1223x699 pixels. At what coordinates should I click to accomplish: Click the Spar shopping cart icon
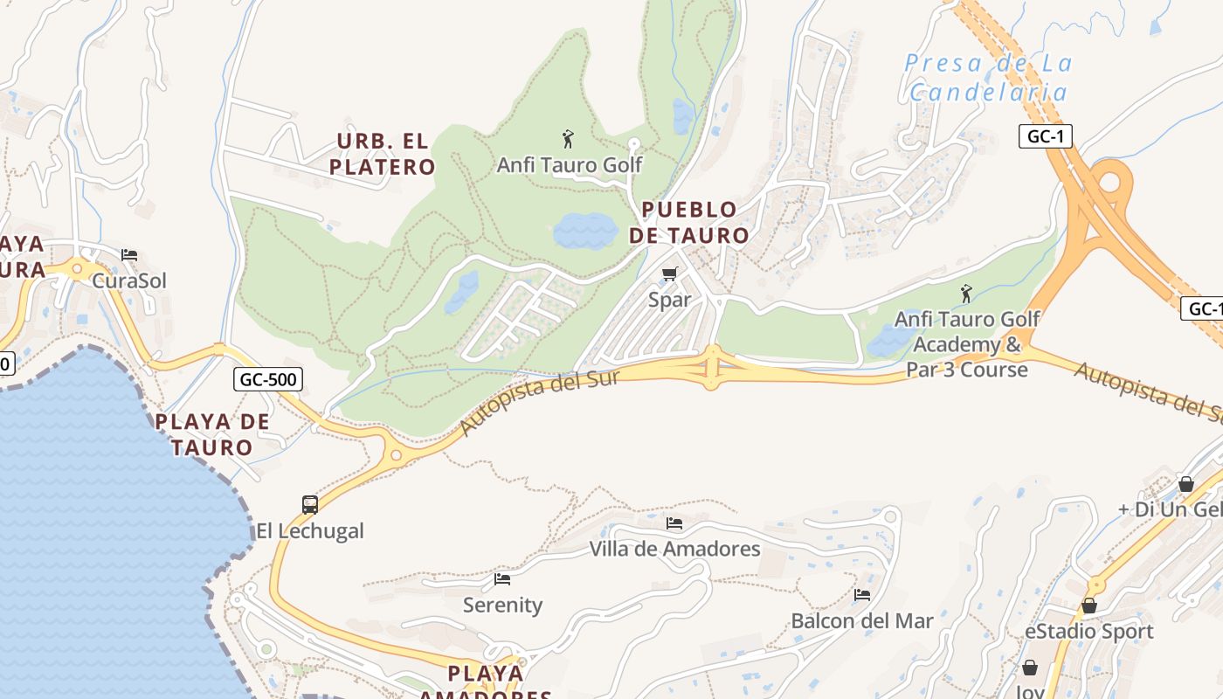(x=670, y=274)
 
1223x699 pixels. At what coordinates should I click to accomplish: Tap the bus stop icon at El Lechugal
(x=310, y=504)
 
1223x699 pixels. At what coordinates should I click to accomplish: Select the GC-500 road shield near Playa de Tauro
(x=268, y=379)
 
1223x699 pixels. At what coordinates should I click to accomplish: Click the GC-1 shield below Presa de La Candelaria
(x=1045, y=136)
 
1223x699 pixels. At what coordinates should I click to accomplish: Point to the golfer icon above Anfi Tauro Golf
(x=568, y=139)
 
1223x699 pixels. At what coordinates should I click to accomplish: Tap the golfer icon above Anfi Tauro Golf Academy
(x=966, y=294)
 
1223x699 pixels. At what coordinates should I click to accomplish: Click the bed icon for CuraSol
(x=129, y=255)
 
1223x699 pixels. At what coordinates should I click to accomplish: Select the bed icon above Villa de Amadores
(x=674, y=523)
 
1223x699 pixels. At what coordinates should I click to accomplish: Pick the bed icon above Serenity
(x=502, y=578)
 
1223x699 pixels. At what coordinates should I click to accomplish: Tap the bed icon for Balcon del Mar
(x=862, y=595)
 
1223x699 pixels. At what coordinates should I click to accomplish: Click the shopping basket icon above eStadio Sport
(x=1089, y=606)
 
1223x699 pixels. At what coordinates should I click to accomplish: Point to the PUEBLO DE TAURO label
(x=689, y=223)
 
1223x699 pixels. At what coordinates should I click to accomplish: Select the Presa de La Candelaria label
(x=988, y=78)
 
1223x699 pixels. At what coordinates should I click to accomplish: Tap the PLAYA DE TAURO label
(x=212, y=434)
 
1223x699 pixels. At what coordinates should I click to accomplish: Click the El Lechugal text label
(x=310, y=531)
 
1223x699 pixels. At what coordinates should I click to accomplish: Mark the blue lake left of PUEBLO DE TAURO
(x=585, y=231)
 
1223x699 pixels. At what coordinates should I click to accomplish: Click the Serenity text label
(x=502, y=605)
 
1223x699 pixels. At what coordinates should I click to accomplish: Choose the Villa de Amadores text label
(x=674, y=550)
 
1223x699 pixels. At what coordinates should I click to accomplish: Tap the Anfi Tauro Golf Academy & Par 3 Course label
(x=967, y=344)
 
